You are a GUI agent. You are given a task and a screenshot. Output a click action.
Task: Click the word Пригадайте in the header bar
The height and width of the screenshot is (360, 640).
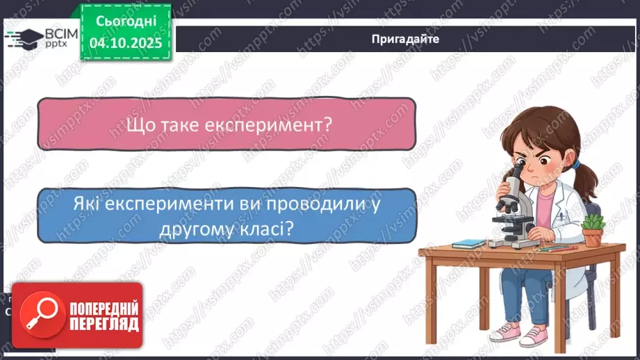(x=405, y=39)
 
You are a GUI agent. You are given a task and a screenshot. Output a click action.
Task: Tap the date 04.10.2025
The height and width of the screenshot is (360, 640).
(x=125, y=42)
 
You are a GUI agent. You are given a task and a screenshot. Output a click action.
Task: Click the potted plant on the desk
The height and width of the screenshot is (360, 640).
(x=592, y=230)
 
